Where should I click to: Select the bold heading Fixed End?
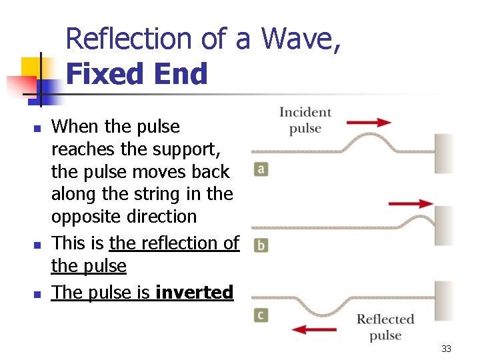pos(137,74)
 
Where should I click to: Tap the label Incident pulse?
pos(305,120)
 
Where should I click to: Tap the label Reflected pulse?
pos(385,327)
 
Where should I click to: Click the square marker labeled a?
pos(261,169)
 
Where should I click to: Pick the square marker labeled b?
pos(261,245)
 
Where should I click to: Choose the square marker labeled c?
pos(261,314)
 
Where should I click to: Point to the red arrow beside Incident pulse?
pos(369,122)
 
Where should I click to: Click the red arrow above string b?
pos(410,203)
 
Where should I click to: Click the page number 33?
pos(446,349)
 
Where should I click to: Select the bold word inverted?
pos(194,292)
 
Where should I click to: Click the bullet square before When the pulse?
pos(37,127)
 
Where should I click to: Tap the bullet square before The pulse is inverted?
pos(37,293)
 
